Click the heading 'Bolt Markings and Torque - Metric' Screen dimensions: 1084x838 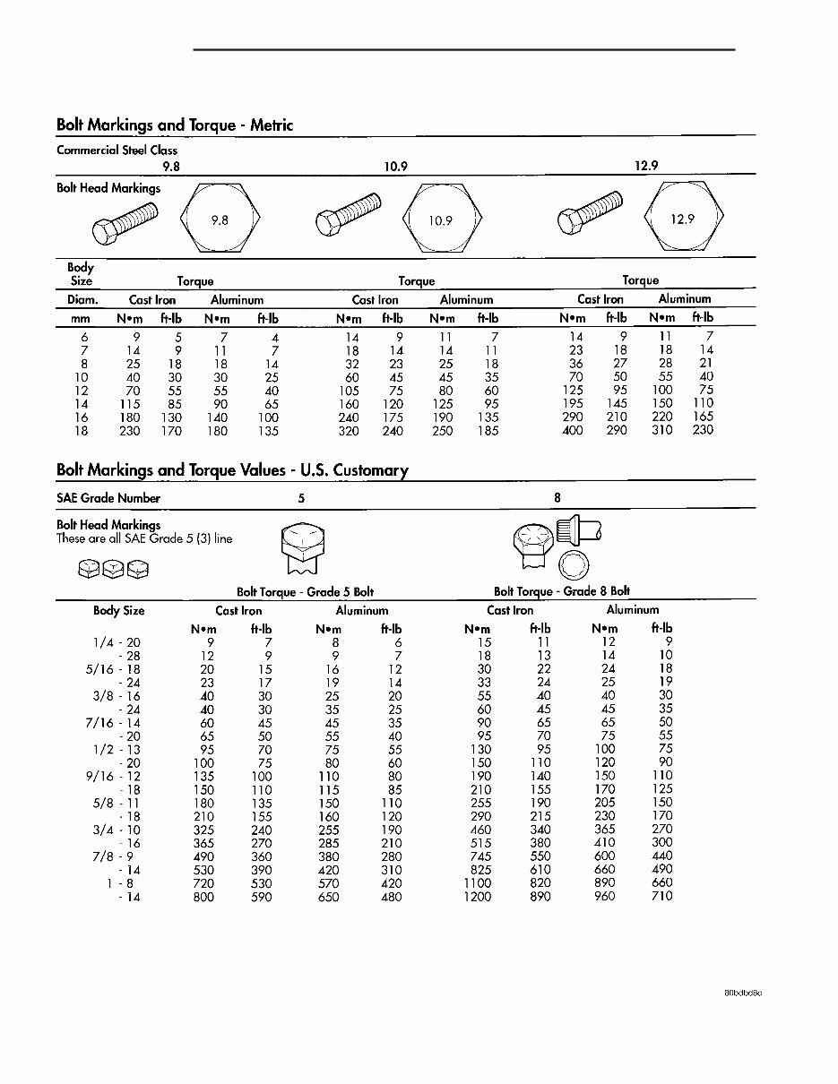(175, 125)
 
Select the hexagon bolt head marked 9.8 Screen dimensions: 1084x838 (220, 219)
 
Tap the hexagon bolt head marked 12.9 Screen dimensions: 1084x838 (683, 219)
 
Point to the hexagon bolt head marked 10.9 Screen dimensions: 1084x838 (441, 220)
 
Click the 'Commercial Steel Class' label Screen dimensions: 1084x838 (117, 151)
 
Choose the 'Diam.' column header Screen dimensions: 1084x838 (83, 300)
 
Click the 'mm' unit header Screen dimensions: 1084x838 (81, 318)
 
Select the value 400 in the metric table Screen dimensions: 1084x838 (572, 431)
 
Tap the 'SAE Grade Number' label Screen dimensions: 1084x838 (108, 498)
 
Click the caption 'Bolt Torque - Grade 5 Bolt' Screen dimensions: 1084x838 (305, 592)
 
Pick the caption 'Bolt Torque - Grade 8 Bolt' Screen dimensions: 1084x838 (562, 591)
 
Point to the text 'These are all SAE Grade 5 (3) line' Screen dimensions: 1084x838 (144, 538)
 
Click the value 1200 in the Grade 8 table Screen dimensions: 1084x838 (477, 897)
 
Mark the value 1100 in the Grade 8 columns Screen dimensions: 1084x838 (477, 883)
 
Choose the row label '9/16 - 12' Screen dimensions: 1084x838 (114, 776)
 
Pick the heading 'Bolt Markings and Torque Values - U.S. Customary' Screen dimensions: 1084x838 (232, 470)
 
